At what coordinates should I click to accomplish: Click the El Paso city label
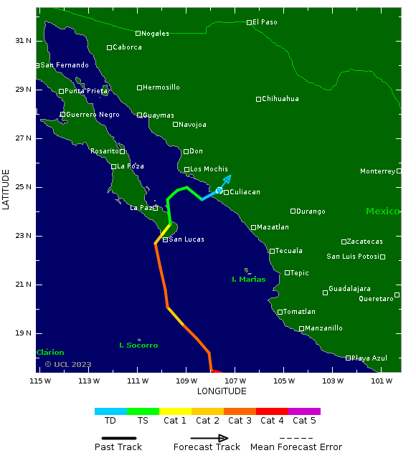tap(265, 22)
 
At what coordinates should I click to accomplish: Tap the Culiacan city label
tap(245, 192)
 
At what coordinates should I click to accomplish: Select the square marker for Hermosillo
tap(140, 87)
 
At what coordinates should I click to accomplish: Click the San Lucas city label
tap(186, 239)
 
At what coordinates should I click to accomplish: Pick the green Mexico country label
tap(382, 211)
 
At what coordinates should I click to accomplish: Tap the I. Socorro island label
tap(138, 345)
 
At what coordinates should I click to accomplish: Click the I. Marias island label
tap(249, 279)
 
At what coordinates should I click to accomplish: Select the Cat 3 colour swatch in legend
tap(240, 411)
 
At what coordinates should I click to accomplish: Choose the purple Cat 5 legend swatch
tap(304, 411)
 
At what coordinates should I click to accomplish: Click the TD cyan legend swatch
tap(110, 411)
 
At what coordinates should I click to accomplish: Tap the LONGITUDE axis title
tap(222, 391)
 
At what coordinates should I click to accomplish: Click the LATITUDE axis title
tap(6, 189)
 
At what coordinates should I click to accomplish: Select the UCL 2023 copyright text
tap(68, 364)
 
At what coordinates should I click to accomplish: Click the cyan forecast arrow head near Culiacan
tap(228, 177)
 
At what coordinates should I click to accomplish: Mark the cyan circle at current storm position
tap(219, 190)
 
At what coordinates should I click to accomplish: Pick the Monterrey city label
tap(378, 171)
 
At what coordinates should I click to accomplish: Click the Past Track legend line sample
tap(115, 438)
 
